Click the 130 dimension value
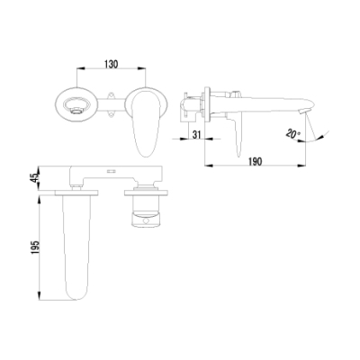pos(112,64)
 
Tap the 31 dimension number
pos(196,135)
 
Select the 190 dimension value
pos(256,162)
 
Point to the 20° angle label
pos(293,133)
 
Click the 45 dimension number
pos(36,177)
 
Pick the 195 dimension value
pos(36,247)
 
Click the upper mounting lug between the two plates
pos(112,95)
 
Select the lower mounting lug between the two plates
pos(112,113)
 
